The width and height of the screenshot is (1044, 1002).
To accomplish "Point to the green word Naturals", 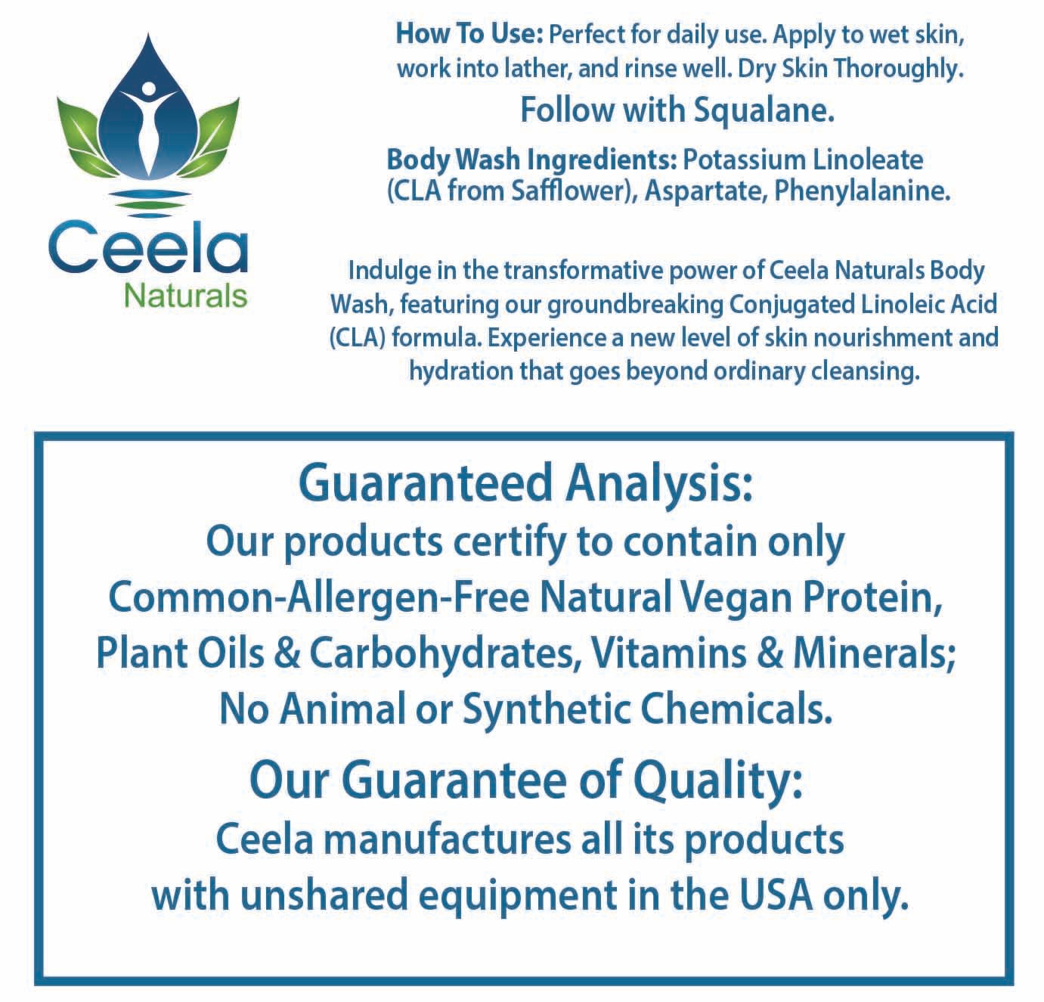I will point(186,295).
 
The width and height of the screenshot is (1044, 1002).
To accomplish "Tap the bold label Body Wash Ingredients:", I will point(531,160).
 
